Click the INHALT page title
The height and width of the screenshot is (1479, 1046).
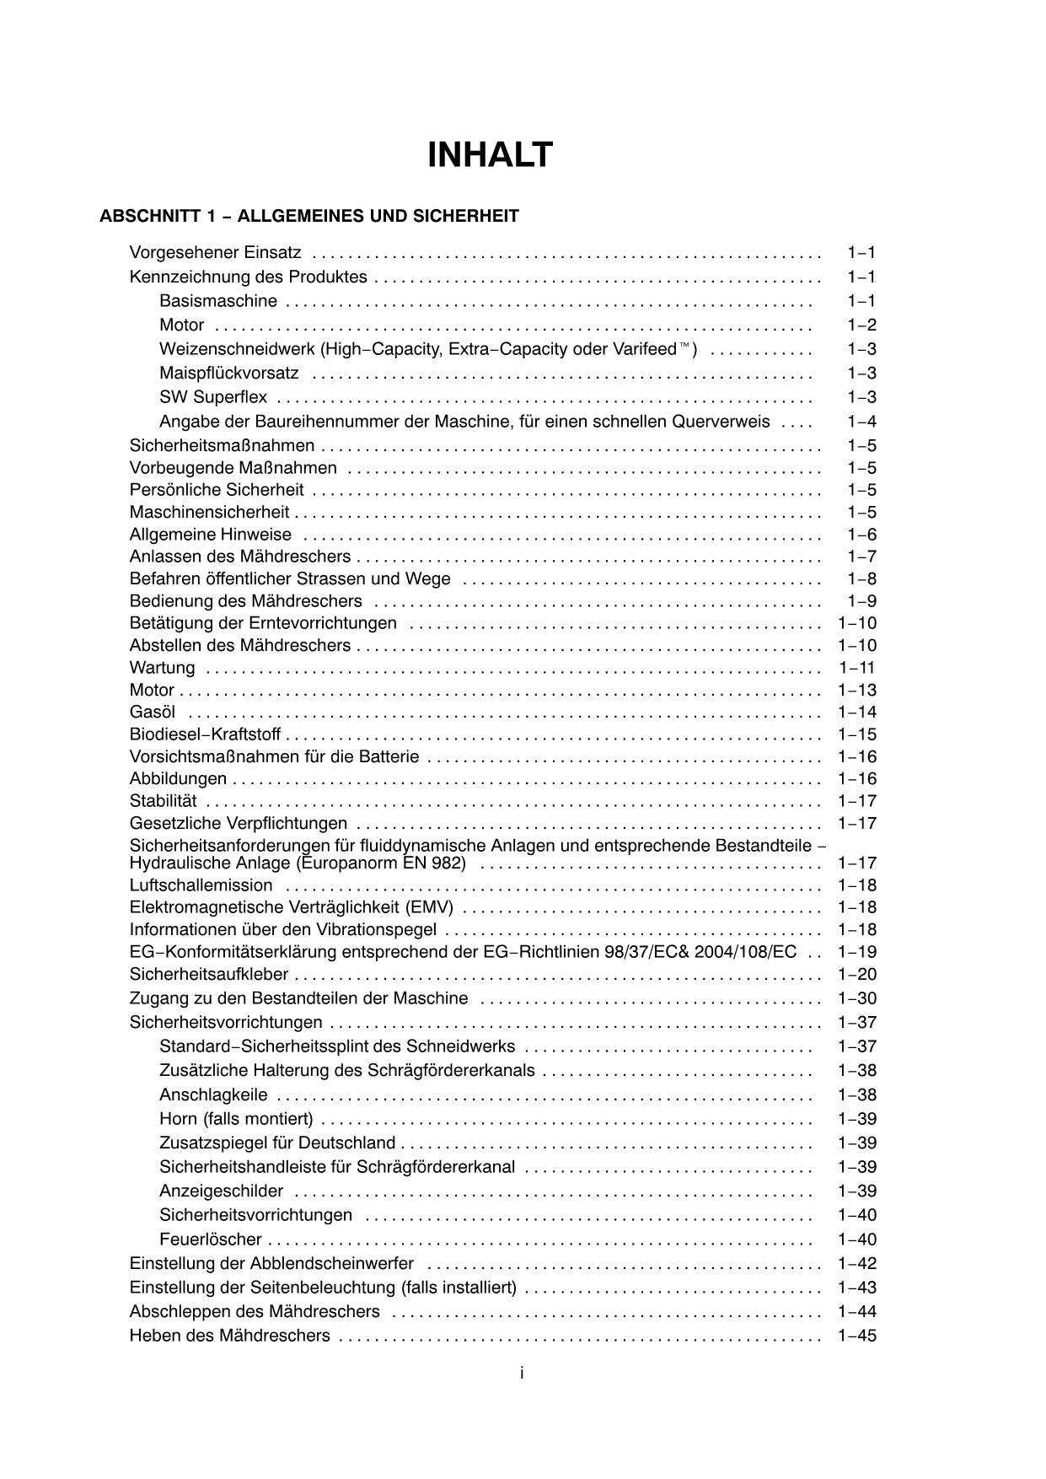[490, 156]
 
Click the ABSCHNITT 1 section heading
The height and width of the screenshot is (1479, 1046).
[308, 216]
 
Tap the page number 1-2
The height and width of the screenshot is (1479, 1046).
[861, 325]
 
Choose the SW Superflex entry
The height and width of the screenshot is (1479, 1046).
[213, 397]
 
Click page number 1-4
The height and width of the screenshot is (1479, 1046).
[861, 422]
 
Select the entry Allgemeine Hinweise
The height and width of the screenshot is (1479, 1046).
[210, 535]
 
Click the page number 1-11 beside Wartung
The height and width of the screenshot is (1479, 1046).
[857, 668]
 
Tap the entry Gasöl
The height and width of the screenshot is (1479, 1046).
[153, 713]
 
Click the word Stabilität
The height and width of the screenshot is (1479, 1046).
[163, 801]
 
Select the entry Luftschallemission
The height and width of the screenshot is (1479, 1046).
[201, 885]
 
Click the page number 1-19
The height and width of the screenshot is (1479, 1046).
[857, 952]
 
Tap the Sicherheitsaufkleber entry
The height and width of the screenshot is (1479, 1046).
[208, 975]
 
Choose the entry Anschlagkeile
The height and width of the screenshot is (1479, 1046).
[213, 1095]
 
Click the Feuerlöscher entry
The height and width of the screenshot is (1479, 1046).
[210, 1240]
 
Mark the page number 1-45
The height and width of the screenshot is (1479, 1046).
[857, 1336]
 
